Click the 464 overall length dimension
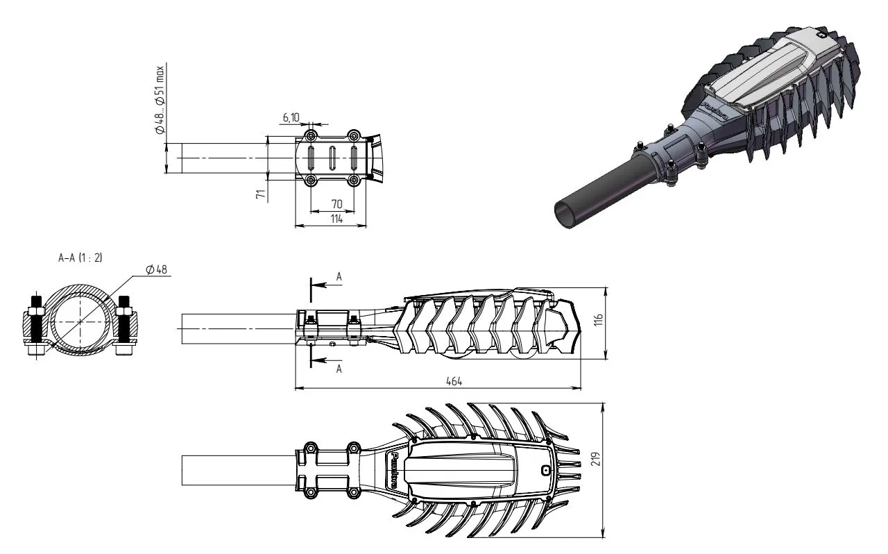[x=454, y=381]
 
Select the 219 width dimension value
[x=597, y=459]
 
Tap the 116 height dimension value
[x=599, y=319]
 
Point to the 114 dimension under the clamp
[x=336, y=219]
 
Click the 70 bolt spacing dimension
[x=336, y=204]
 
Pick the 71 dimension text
[x=260, y=194]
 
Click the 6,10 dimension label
[x=291, y=118]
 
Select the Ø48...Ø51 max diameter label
[x=160, y=100]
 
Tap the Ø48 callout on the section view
[x=157, y=270]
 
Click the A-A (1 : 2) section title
[x=80, y=258]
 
